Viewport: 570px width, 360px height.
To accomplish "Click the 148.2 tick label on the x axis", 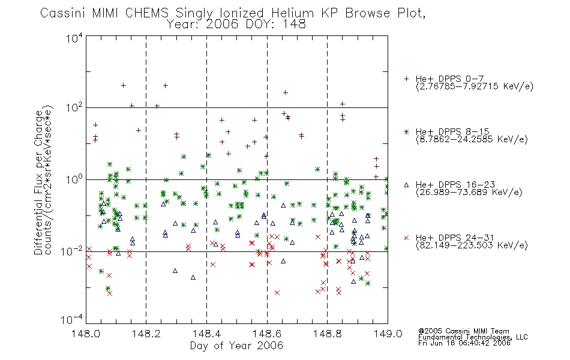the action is tap(146, 334).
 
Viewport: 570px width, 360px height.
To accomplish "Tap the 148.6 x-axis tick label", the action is tap(267, 334).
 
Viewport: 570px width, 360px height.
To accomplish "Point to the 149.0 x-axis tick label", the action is tap(388, 334).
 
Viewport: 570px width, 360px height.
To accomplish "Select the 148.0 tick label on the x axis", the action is tap(86, 334).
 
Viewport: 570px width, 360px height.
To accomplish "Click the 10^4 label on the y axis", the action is tap(74, 38).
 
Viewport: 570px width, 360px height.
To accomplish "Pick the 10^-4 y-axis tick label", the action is tap(72, 320).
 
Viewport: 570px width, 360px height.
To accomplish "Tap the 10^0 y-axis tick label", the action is tap(74, 179).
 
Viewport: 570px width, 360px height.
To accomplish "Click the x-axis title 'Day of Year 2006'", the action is tap(236, 346).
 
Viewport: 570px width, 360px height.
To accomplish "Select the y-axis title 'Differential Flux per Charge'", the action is tap(38, 181).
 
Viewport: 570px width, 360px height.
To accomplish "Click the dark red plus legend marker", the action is tap(406, 79).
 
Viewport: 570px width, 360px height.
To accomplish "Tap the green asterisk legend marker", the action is tap(406, 131).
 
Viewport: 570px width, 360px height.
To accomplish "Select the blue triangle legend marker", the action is tap(406, 185).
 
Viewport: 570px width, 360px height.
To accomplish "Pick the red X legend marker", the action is tap(406, 238).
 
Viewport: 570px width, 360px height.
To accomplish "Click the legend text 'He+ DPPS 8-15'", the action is tap(452, 131).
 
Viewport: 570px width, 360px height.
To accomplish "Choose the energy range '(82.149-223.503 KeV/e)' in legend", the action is tap(472, 245).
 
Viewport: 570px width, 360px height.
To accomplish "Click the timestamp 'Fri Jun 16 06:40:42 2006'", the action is tap(464, 343).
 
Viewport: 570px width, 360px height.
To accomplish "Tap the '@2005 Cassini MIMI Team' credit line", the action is tap(463, 331).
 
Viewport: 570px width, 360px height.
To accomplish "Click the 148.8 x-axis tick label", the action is tap(327, 334).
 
